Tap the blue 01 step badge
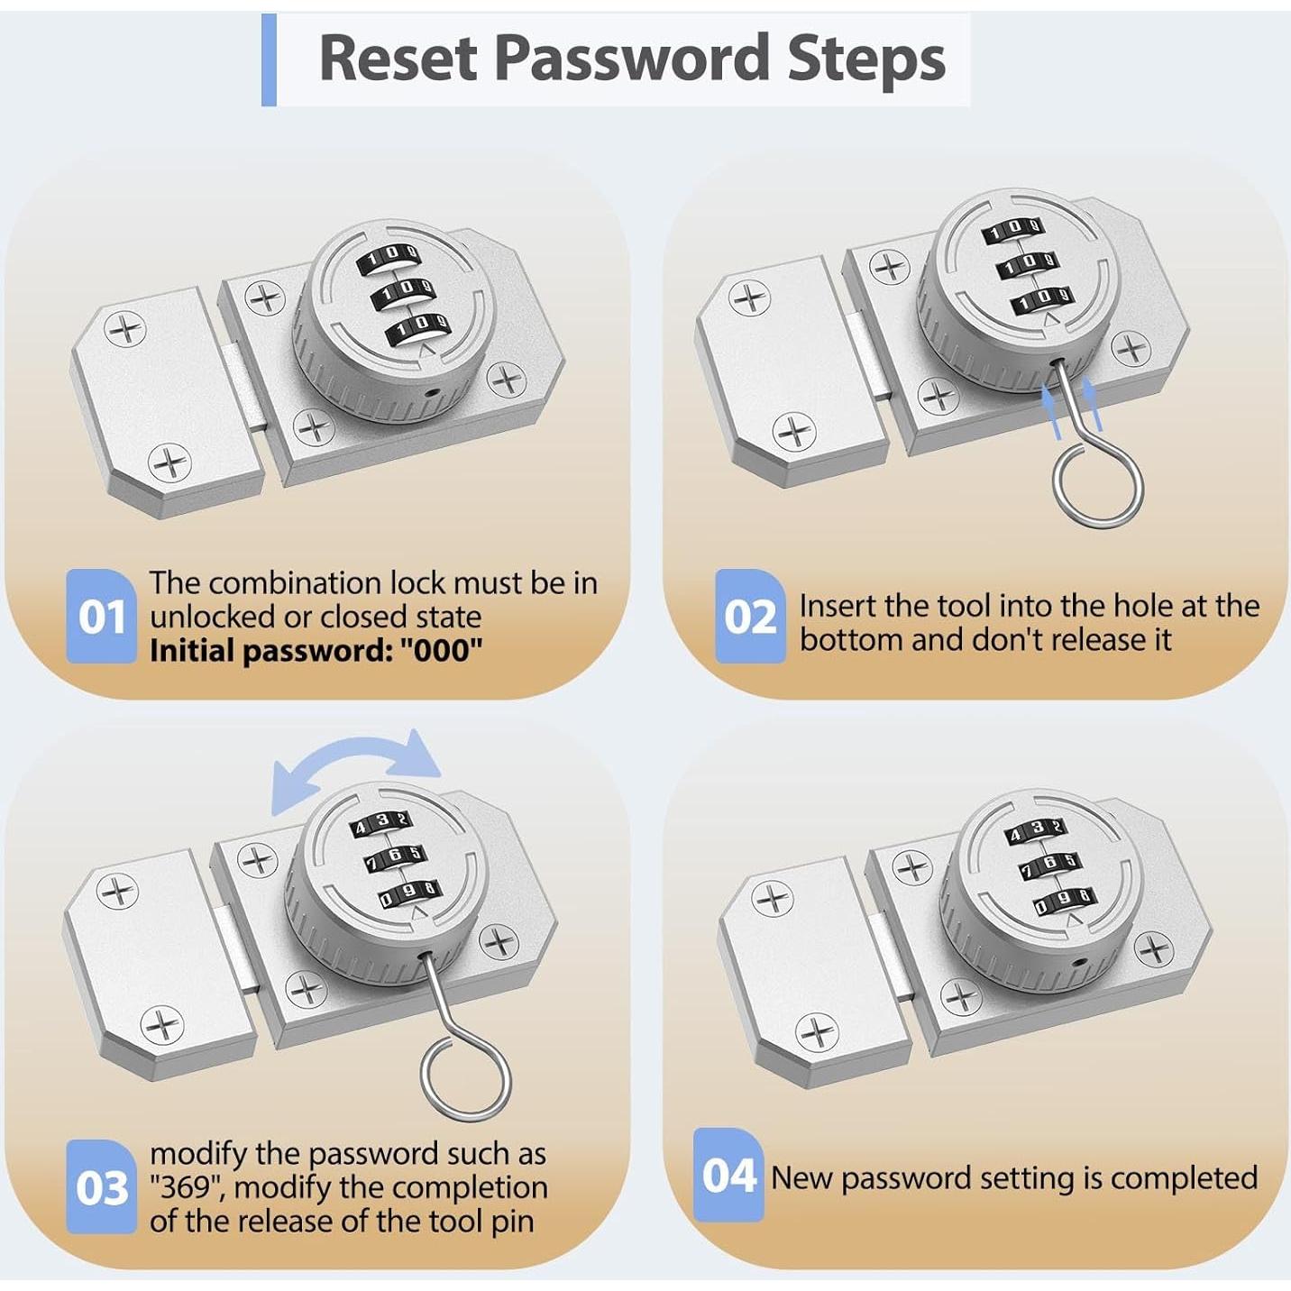(101, 616)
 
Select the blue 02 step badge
(750, 616)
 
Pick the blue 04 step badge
(728, 1175)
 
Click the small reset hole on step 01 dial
(434, 392)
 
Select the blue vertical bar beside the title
(269, 60)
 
